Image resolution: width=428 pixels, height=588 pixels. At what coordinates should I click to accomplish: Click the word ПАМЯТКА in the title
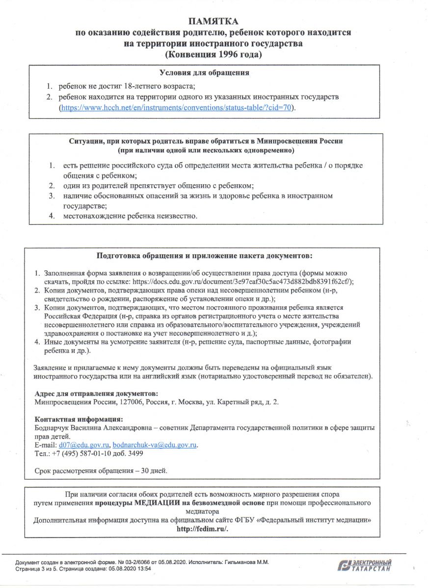tap(214, 22)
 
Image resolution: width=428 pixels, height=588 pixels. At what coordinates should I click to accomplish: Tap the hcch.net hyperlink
tap(178, 107)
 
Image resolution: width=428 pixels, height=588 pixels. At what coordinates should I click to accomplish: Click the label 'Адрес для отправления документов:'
tap(96, 393)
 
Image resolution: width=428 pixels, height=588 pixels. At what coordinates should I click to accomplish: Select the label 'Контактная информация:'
tap(79, 419)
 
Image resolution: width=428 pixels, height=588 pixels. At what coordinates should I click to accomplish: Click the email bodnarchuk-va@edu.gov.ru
tap(155, 444)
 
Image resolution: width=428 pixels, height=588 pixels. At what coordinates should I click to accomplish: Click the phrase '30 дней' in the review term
tap(154, 471)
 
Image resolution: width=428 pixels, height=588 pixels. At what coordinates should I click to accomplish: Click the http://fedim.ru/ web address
tap(202, 529)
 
